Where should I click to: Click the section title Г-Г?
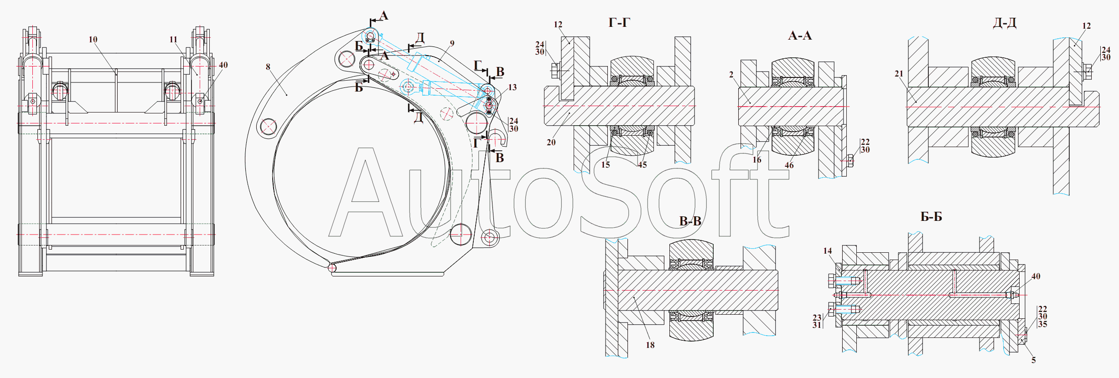(619, 23)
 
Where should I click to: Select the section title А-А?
(800, 36)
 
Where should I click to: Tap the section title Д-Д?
(1005, 23)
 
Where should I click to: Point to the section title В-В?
(690, 221)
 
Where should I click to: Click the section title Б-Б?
(931, 217)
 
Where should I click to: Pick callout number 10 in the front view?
(93, 40)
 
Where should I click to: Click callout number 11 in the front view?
(173, 40)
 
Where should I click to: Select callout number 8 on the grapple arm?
(268, 67)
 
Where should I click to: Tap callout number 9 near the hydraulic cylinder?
(452, 44)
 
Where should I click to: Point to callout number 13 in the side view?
(513, 87)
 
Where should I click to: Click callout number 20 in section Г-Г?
(551, 143)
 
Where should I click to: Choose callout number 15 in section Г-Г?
(606, 165)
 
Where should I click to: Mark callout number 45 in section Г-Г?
(642, 165)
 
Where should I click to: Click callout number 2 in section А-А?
(731, 75)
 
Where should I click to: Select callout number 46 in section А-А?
(789, 165)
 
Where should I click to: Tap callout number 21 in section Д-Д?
(899, 74)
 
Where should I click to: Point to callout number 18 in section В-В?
(650, 345)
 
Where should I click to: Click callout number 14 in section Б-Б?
(828, 251)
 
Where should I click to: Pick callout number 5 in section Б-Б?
(1034, 360)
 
